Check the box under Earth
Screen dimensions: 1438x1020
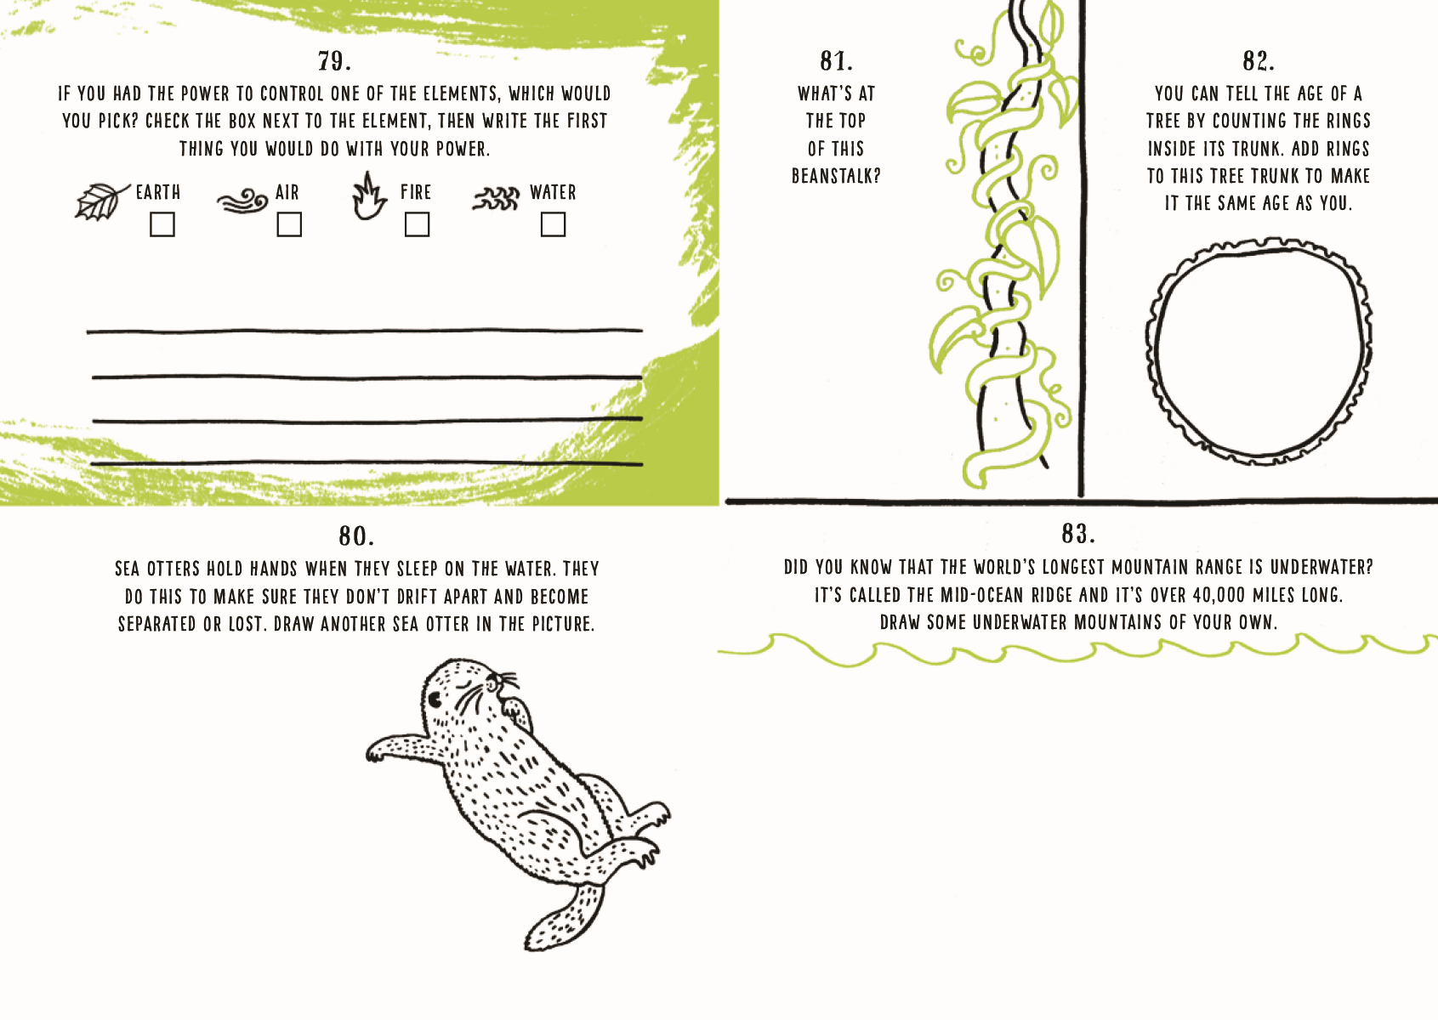point(162,225)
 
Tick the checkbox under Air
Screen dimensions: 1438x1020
point(289,225)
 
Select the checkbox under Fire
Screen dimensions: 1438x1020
point(418,225)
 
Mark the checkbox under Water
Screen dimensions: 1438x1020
point(554,225)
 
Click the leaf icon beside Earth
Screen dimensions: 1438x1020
point(101,201)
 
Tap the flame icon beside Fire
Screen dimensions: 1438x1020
point(369,196)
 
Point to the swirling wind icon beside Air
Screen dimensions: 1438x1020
point(242,200)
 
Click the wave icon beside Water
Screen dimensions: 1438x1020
point(496,199)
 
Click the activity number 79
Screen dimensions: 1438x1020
point(334,61)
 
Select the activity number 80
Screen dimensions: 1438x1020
point(356,535)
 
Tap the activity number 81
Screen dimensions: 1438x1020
point(837,61)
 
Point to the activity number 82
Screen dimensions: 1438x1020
point(1259,61)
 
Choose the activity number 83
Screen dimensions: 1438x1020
point(1078,534)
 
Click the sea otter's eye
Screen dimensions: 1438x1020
point(435,698)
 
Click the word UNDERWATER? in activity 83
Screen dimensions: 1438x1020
point(1321,567)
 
